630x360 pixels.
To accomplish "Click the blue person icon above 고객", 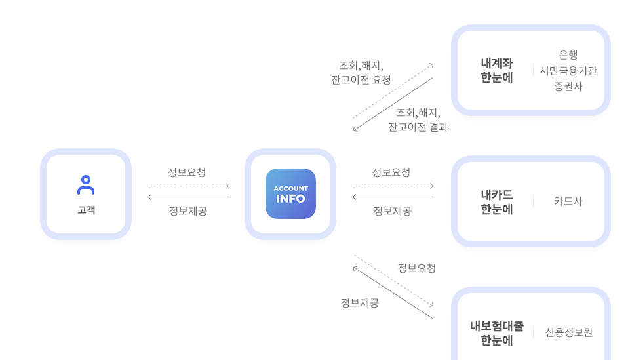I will click(x=86, y=185).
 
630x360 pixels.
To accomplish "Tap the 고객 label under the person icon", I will click(x=86, y=210).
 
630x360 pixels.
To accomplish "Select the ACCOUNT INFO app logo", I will click(x=290, y=193).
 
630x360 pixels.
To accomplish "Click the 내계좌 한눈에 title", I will click(x=497, y=70).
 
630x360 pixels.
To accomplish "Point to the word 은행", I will click(x=568, y=55).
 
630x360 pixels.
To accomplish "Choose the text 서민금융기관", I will click(x=568, y=71).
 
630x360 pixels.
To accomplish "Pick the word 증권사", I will click(x=568, y=87).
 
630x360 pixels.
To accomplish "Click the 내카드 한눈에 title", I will click(x=497, y=202).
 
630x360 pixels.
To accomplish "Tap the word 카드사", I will click(x=568, y=201).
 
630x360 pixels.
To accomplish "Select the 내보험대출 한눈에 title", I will click(x=497, y=332).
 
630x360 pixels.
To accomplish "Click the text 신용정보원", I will click(x=568, y=332).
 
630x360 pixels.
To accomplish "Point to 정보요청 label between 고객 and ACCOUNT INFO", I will click(x=187, y=172).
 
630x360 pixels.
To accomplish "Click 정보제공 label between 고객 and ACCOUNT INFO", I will click(x=188, y=211).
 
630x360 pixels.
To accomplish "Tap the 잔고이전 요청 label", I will click(x=361, y=80).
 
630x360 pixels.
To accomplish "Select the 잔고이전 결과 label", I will click(x=418, y=127).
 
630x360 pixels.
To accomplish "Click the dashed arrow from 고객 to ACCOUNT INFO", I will click(x=189, y=186).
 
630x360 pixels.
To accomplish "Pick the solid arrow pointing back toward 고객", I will click(x=189, y=197).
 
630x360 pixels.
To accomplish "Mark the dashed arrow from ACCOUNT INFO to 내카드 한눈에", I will click(x=393, y=186).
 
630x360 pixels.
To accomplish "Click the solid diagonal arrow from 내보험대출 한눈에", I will click(x=393, y=292).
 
